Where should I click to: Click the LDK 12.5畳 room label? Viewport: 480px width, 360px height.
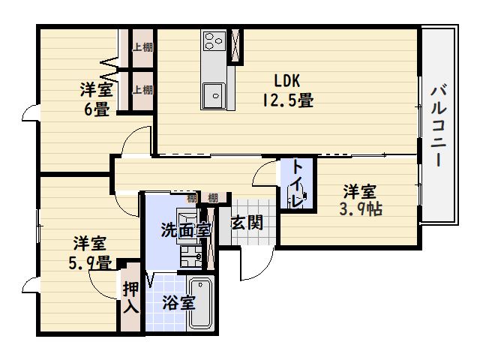point(286,90)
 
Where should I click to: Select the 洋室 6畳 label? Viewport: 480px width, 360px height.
point(97,100)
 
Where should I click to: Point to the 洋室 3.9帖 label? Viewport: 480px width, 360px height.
point(361,200)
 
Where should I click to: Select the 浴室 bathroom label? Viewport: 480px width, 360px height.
point(180,302)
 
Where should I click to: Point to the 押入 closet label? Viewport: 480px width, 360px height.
point(130,296)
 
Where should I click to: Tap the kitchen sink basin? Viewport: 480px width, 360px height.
point(214,94)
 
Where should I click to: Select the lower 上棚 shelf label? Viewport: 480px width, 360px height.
point(142,90)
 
